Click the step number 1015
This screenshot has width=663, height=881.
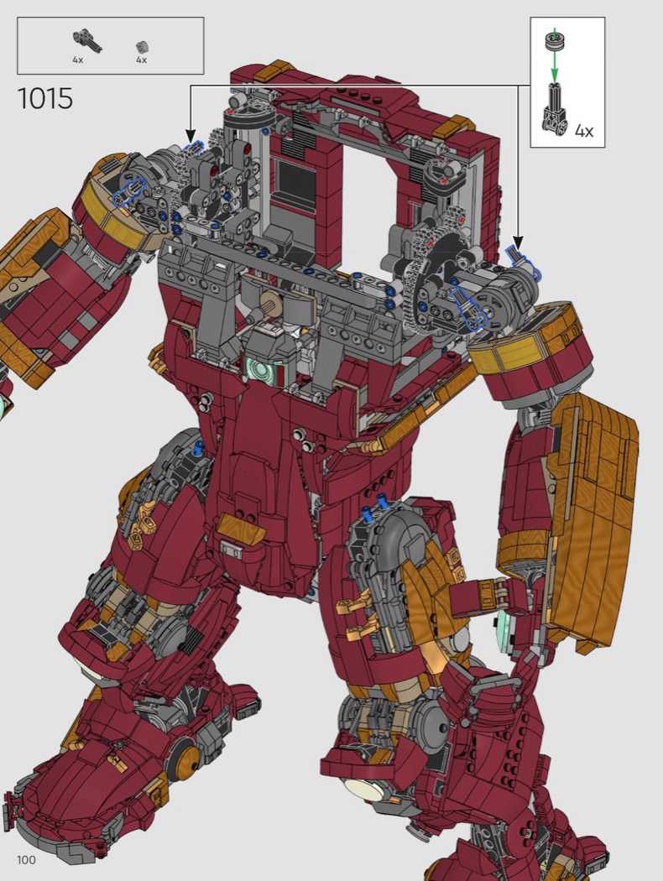tap(45, 98)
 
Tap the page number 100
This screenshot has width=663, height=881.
tap(26, 860)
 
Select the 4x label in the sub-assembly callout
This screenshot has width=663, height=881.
tap(584, 131)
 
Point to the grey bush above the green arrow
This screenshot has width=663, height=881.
tap(554, 41)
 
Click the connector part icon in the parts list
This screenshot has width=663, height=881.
tap(87, 40)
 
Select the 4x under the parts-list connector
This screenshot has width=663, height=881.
tap(77, 60)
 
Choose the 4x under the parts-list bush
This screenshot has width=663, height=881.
tap(141, 60)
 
